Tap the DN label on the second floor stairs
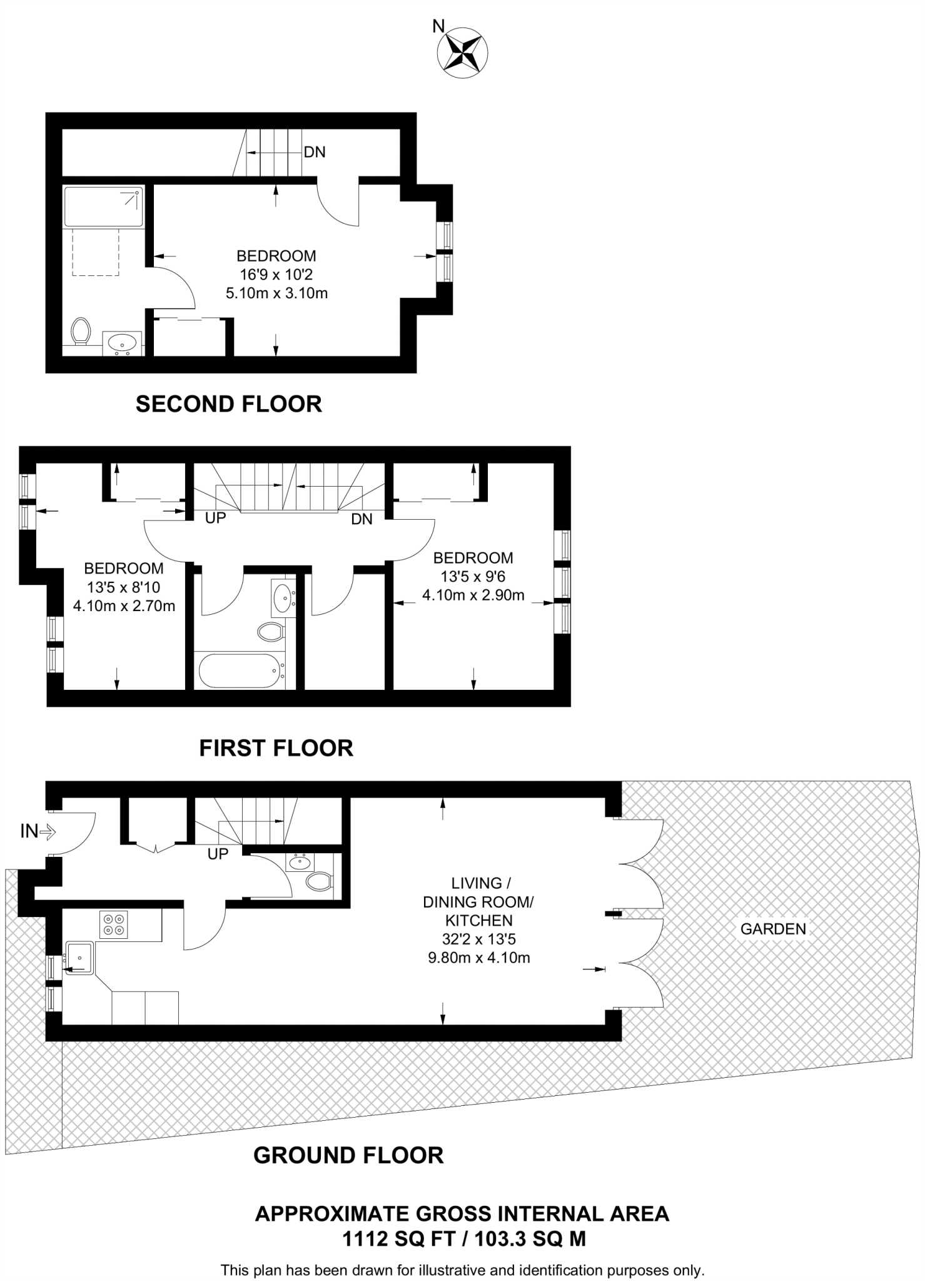[315, 152]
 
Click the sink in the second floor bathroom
[123, 343]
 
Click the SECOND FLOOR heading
[228, 404]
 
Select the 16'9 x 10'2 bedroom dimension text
[276, 274]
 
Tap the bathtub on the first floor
[238, 671]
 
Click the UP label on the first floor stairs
[215, 518]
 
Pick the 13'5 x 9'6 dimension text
[473, 576]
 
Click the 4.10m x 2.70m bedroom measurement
[124, 605]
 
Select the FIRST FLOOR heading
[276, 748]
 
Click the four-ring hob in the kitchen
[113, 924]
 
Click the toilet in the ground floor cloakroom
[318, 882]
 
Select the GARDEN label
[773, 929]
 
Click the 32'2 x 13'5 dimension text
[478, 939]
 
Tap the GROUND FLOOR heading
[348, 1155]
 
